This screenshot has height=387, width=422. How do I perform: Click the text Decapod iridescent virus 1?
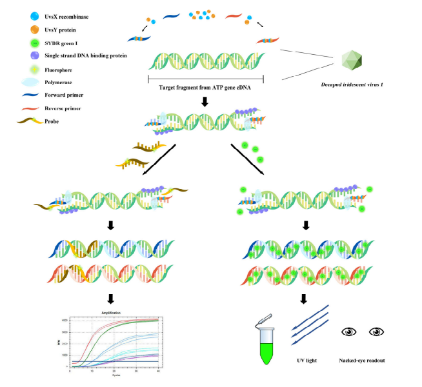coord(354,86)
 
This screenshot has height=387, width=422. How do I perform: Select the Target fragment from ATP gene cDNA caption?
coord(206,86)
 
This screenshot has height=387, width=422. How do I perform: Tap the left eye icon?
coord(349,332)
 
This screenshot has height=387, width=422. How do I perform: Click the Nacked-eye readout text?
coord(362,361)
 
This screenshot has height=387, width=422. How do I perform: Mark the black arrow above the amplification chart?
coord(112,299)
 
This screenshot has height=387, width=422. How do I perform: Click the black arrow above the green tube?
coord(306,299)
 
